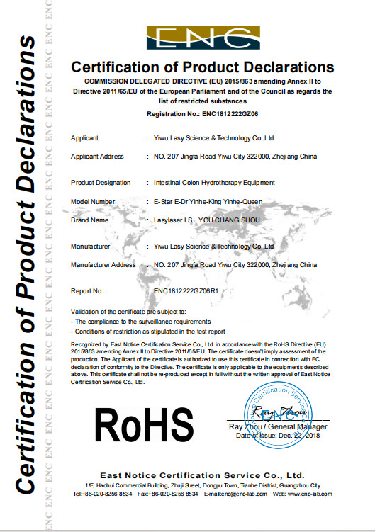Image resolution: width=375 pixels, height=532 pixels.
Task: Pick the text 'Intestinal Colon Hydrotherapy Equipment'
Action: pyautogui.click(x=209, y=183)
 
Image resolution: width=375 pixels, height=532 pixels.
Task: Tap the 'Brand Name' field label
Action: pyautogui.click(x=89, y=220)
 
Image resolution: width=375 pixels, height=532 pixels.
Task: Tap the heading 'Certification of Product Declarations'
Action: pyautogui.click(x=201, y=68)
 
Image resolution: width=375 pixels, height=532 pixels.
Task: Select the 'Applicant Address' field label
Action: pyautogui.click(x=97, y=156)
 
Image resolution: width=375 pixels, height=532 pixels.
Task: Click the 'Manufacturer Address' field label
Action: pyautogui.click(x=103, y=264)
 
